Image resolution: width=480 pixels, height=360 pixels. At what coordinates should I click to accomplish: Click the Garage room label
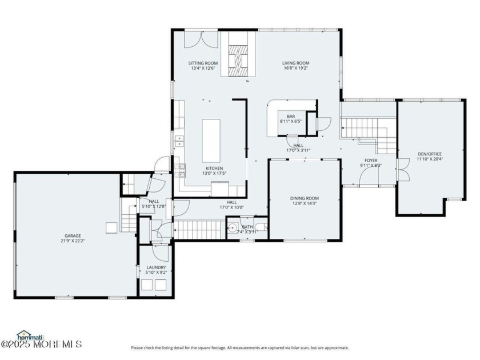tap(72, 235)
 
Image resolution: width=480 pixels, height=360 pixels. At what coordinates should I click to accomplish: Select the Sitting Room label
tap(203, 63)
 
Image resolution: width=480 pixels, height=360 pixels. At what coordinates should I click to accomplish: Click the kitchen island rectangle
tap(211, 140)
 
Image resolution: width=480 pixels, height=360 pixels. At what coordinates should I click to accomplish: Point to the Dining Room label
tap(304, 198)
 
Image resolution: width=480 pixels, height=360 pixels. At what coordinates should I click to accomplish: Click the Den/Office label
tap(429, 154)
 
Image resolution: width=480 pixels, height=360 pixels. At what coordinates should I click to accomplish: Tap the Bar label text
tap(291, 117)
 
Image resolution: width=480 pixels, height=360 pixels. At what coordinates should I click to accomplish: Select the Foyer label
tap(371, 161)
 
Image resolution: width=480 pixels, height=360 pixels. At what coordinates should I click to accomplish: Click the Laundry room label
tap(156, 267)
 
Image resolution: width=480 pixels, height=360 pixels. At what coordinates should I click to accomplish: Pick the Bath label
tap(247, 227)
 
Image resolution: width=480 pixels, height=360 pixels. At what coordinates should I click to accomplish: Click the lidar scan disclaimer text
tap(239, 347)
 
